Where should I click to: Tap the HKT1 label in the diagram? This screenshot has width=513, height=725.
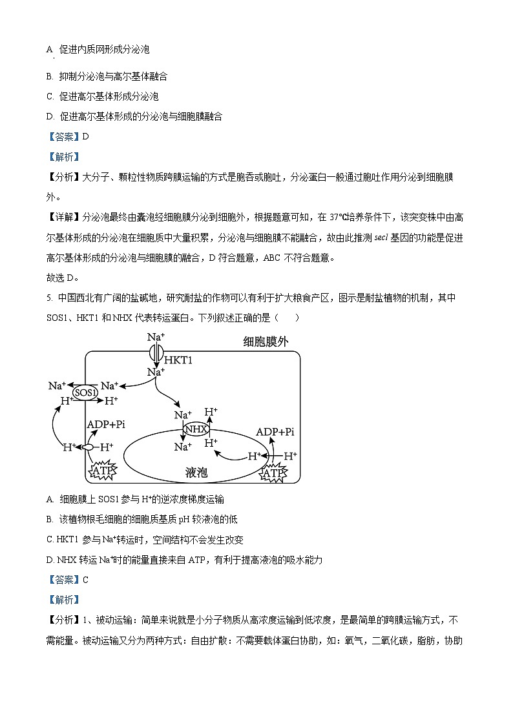[179, 360]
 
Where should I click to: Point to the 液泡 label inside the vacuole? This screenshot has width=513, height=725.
[194, 473]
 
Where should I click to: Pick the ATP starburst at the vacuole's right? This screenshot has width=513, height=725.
[273, 474]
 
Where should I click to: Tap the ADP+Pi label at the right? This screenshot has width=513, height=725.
[275, 432]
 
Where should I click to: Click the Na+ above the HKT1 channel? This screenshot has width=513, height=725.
[156, 337]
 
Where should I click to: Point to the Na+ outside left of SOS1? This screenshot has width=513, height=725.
[58, 386]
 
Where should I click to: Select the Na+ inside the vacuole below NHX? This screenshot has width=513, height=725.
[183, 446]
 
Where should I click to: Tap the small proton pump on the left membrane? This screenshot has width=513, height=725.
[86, 447]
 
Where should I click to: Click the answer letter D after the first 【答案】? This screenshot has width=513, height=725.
[85, 136]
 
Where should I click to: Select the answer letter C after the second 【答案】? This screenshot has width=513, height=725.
[85, 579]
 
